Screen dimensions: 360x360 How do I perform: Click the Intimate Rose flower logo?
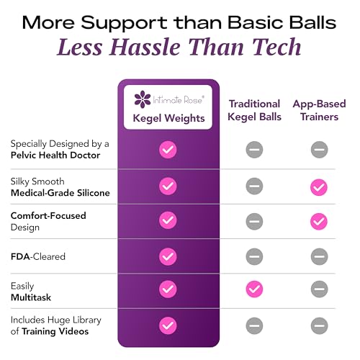tap(143, 99)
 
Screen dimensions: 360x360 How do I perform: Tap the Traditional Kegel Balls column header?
tap(254, 110)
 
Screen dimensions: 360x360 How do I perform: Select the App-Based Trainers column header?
tap(319, 110)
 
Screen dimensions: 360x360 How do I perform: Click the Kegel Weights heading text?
tap(168, 118)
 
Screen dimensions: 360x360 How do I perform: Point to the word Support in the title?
tap(124, 23)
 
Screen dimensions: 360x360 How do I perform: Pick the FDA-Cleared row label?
tap(38, 256)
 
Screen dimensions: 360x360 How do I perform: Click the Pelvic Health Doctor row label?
tap(55, 155)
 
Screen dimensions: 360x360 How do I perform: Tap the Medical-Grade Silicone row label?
tap(60, 193)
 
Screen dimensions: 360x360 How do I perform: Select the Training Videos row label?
tap(55, 331)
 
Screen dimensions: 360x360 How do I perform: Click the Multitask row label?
tap(31, 297)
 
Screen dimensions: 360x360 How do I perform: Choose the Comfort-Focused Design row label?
tap(48, 221)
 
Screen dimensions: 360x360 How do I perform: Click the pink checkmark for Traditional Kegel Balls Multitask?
tap(254, 289)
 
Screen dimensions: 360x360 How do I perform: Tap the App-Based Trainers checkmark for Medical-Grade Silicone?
tap(319, 187)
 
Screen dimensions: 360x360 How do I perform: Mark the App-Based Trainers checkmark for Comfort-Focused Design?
tap(319, 221)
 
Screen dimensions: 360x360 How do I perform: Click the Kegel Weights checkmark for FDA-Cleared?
tap(168, 256)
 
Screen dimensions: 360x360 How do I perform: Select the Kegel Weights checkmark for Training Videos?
tap(168, 325)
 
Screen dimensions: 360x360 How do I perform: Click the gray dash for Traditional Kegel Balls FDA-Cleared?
tap(254, 256)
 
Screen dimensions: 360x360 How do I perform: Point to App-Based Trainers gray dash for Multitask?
tap(320, 289)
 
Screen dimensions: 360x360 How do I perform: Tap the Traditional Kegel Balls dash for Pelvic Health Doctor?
tap(254, 150)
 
